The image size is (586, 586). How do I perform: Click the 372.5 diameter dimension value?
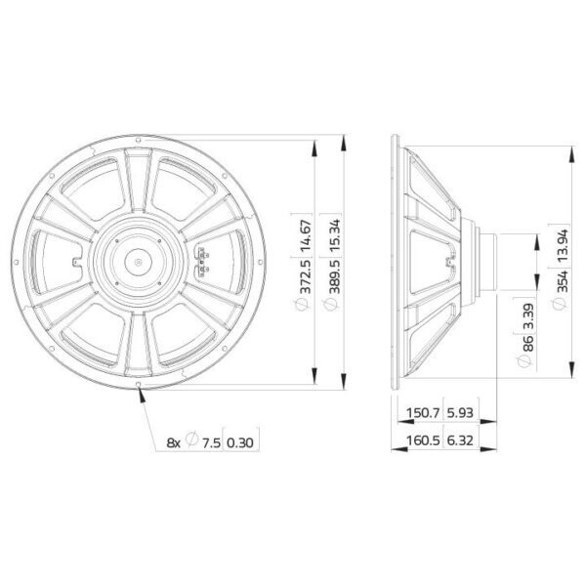pos(306,276)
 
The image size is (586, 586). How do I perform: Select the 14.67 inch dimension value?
pos(306,237)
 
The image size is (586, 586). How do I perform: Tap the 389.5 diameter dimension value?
pos(335,276)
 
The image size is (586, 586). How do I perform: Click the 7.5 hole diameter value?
pos(212,443)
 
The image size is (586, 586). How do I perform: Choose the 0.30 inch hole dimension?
pos(240,443)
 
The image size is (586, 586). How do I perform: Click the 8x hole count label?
pos(174,443)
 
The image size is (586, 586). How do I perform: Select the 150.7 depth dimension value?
pos(424,413)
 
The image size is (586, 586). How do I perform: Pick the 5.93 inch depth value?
pos(460,413)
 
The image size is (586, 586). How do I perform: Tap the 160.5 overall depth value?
pos(424,440)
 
